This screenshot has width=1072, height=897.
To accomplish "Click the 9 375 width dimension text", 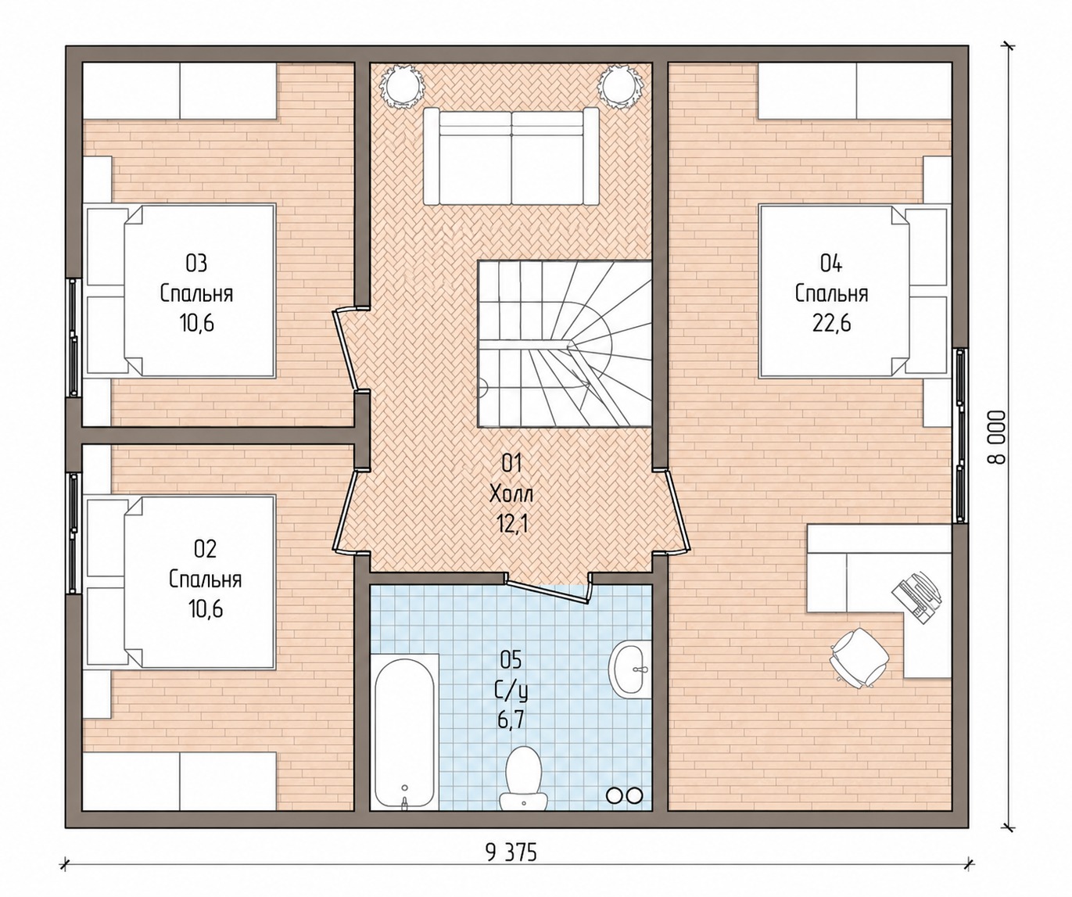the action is pyautogui.click(x=511, y=853).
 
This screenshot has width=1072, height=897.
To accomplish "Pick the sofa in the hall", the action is pyautogui.click(x=511, y=156).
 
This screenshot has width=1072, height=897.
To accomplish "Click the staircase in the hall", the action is pyautogui.click(x=565, y=343).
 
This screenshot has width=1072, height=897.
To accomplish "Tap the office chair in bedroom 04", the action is pyautogui.click(x=859, y=658).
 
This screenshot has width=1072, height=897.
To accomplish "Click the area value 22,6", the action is pyautogui.click(x=831, y=324).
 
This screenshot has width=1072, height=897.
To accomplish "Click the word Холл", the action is pyautogui.click(x=511, y=494).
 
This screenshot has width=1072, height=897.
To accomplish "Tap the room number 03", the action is pyautogui.click(x=196, y=264).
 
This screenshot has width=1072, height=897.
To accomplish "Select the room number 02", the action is pyautogui.click(x=205, y=549).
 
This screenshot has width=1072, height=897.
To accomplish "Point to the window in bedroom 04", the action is pyautogui.click(x=960, y=435).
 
